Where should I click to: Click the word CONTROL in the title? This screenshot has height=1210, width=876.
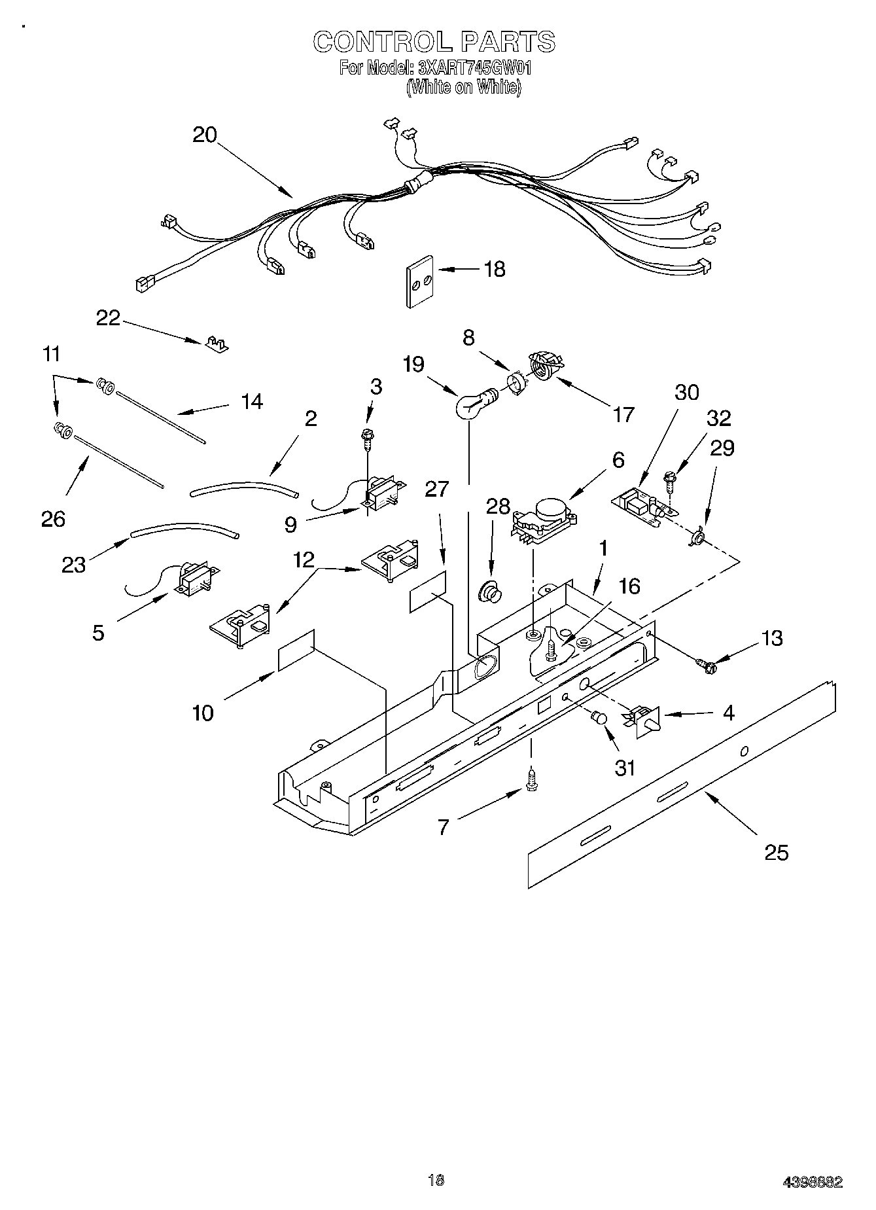(381, 43)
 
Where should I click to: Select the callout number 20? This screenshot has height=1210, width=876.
(204, 135)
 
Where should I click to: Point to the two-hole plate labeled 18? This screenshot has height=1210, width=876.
(421, 281)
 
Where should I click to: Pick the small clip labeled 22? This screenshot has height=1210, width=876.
(215, 343)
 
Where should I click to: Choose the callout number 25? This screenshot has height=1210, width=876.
(776, 852)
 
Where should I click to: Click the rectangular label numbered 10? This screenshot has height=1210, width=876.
(296, 650)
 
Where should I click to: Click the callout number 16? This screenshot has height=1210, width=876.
(629, 586)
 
